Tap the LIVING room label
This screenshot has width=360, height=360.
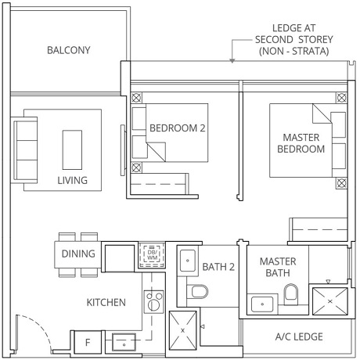[71, 180]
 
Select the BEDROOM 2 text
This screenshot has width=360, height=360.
[177, 128]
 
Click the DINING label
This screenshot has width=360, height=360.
[77, 254]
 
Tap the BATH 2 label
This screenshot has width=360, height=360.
[220, 267]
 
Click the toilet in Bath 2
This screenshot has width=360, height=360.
[197, 293]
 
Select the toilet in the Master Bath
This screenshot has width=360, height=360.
[292, 294]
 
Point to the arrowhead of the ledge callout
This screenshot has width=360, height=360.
[232, 60]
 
